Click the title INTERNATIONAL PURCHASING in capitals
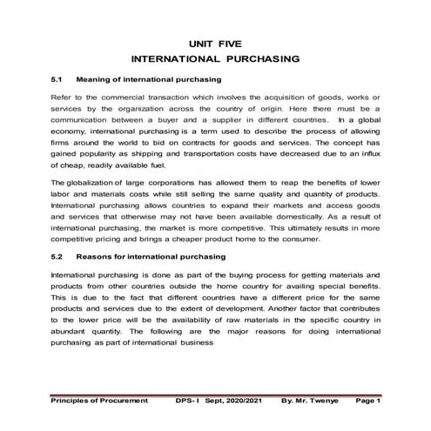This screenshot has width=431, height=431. point(215,59)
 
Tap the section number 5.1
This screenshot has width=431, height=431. point(58,80)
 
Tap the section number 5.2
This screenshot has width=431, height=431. point(58,257)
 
